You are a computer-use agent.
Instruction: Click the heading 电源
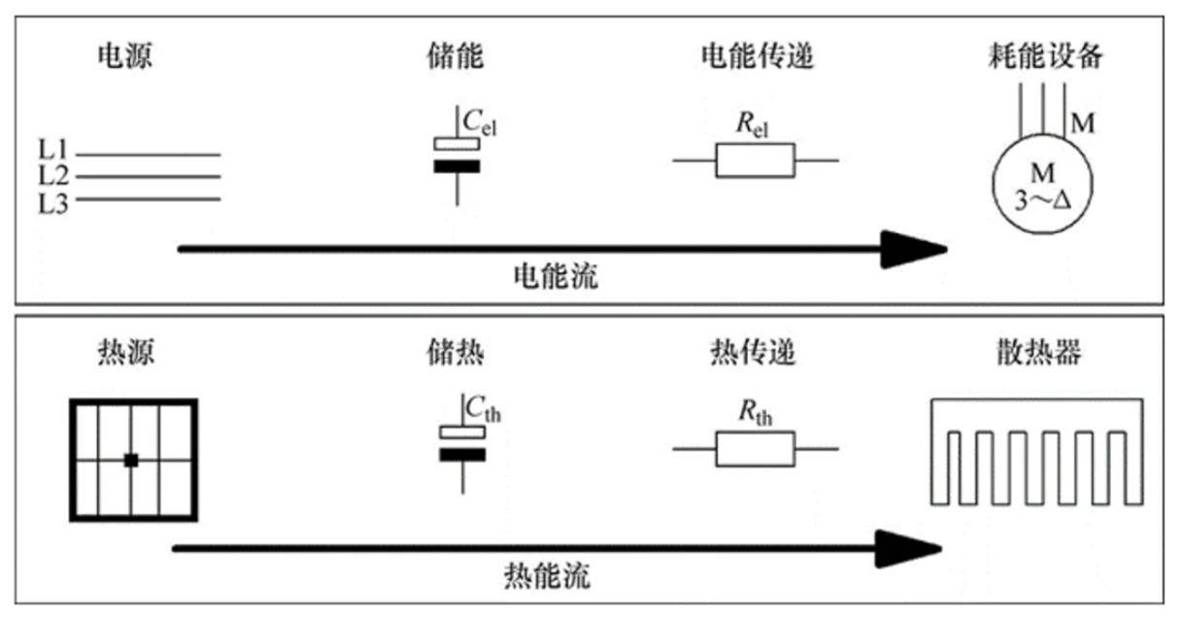tap(125, 57)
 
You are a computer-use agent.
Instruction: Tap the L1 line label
tap(52, 153)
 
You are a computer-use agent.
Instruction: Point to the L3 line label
tap(52, 204)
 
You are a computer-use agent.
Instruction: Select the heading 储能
tap(455, 57)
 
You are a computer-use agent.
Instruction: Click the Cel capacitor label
tap(480, 123)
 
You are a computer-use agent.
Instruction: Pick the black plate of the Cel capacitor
tap(456, 166)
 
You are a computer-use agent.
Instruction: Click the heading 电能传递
tap(756, 57)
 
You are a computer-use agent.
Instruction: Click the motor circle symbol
tap(1040, 185)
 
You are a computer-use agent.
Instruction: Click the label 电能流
tap(556, 278)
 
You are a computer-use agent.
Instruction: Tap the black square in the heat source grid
tap(131, 460)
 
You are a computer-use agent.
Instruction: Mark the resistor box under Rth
tap(755, 449)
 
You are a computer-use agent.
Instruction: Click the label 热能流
tap(549, 575)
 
